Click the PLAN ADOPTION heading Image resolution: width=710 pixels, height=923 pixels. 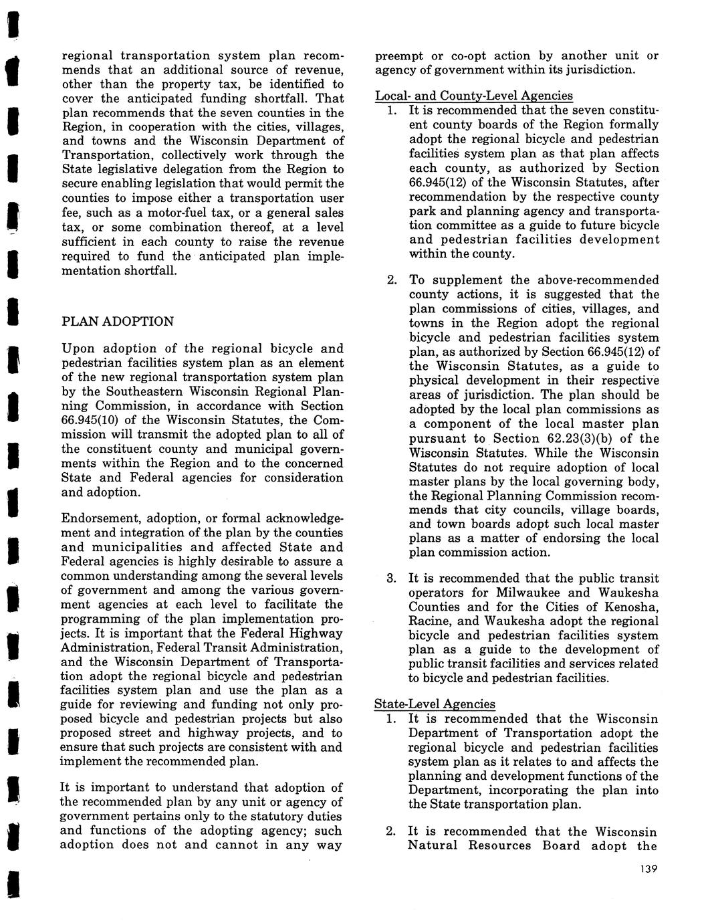click(x=117, y=321)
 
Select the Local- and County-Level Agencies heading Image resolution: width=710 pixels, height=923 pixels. click(x=473, y=96)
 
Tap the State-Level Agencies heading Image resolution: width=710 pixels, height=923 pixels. click(x=435, y=704)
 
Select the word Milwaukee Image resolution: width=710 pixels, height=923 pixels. click(x=527, y=593)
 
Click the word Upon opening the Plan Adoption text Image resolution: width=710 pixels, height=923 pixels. click(x=79, y=348)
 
